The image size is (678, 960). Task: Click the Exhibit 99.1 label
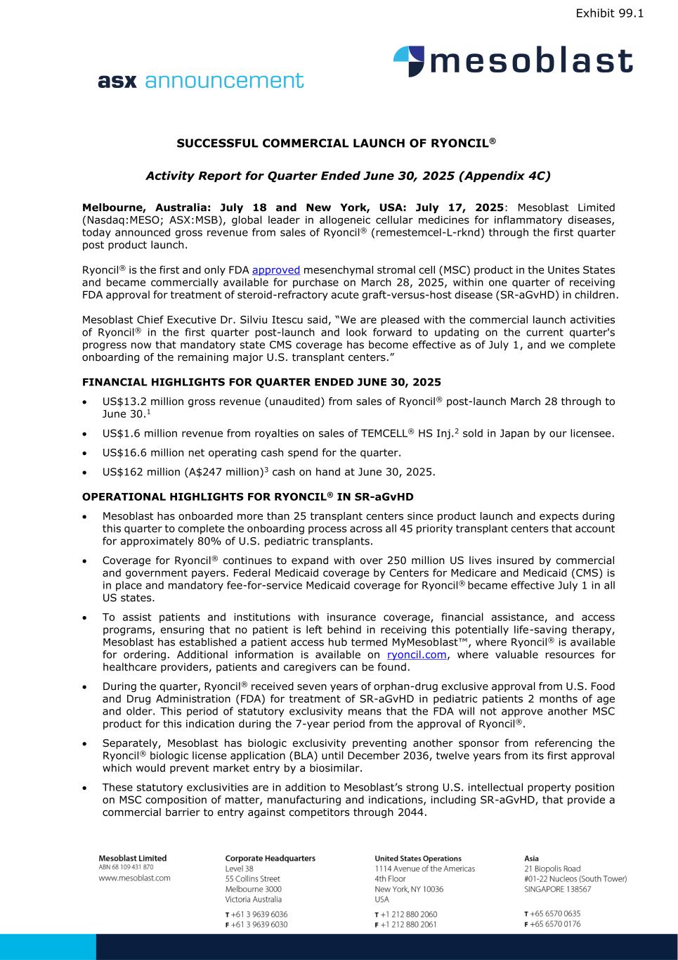[x=609, y=13]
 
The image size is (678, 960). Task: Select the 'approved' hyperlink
[x=276, y=270]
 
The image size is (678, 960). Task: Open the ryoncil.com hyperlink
[x=417, y=655]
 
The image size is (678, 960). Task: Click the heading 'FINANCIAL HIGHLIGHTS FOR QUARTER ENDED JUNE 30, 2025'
[x=261, y=383]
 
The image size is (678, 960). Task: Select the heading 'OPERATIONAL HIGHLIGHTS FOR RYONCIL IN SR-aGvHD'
[x=247, y=497]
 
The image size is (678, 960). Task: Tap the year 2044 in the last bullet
[x=413, y=812]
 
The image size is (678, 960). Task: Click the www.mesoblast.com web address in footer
[x=134, y=878]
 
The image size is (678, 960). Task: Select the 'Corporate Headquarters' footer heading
[x=270, y=858]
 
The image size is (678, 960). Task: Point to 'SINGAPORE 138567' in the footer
[x=557, y=889]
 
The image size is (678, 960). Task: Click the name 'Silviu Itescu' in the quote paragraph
[x=245, y=320]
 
